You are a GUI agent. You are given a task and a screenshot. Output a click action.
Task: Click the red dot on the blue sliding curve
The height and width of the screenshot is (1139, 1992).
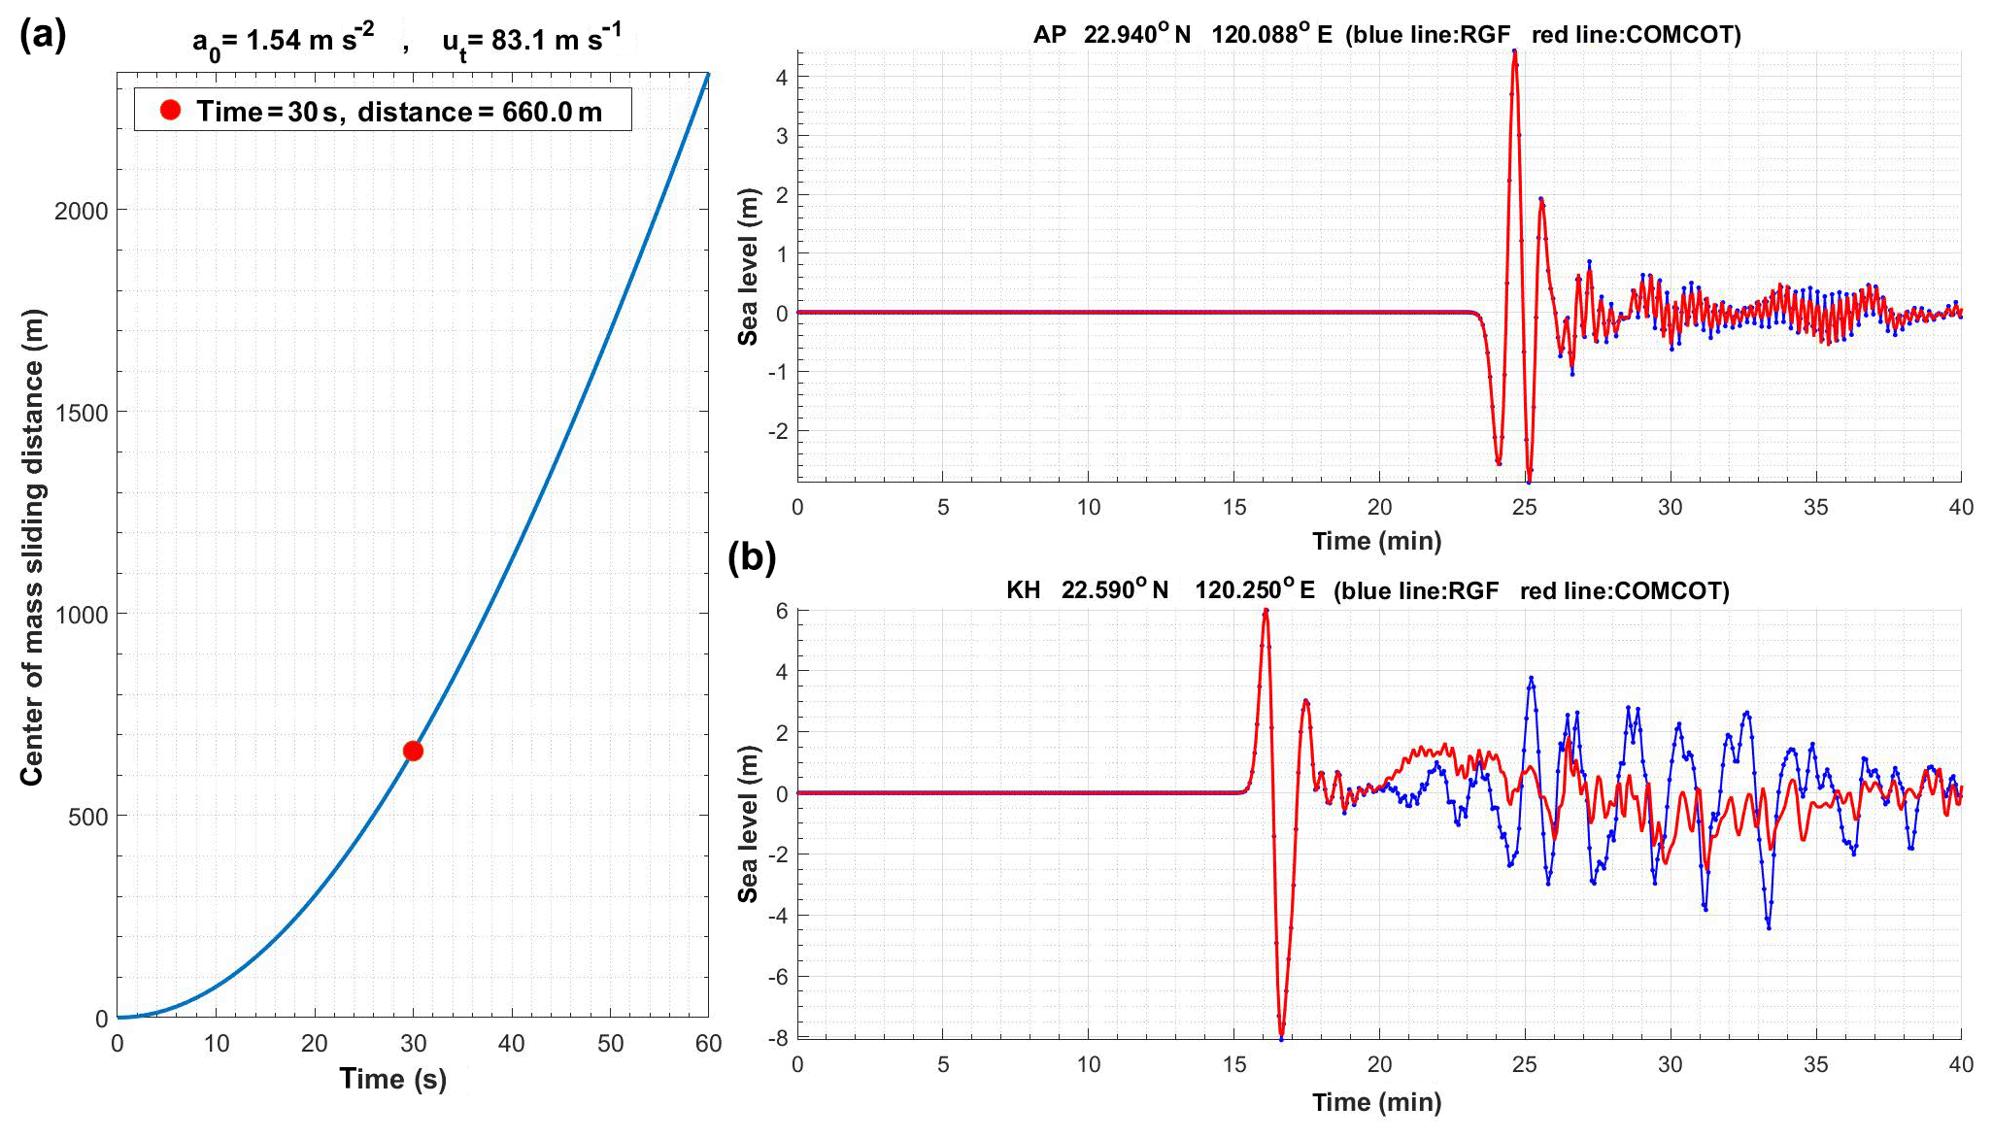pyautogui.click(x=413, y=751)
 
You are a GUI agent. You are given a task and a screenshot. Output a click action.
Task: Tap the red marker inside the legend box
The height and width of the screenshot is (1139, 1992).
pyautogui.click(x=171, y=110)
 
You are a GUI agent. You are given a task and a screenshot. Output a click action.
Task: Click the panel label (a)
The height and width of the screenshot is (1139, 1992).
pyautogui.click(x=43, y=35)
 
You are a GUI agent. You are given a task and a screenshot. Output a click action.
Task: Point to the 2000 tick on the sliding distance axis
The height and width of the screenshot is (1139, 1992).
pyautogui.click(x=82, y=211)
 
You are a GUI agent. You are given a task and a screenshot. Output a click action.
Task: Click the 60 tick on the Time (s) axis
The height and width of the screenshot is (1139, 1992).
pyautogui.click(x=708, y=1044)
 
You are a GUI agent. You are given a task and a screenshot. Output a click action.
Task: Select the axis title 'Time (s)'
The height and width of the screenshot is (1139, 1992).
pyautogui.click(x=392, y=1079)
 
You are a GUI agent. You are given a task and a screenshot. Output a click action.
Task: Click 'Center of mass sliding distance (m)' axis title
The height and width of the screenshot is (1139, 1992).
pyautogui.click(x=32, y=547)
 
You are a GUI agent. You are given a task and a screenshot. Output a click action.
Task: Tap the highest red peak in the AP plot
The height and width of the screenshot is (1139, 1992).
pyautogui.click(x=1514, y=53)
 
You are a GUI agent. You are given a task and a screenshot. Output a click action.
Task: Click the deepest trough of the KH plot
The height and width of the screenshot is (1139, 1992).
pyautogui.click(x=1281, y=1036)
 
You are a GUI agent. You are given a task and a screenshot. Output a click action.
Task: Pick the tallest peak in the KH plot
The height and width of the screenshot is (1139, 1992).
pyautogui.click(x=1266, y=611)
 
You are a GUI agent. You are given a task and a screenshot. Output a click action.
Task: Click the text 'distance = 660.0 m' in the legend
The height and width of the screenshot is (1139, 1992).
pyautogui.click(x=480, y=112)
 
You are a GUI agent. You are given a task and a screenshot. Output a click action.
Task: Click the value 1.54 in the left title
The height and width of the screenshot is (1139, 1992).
pyautogui.click(x=273, y=41)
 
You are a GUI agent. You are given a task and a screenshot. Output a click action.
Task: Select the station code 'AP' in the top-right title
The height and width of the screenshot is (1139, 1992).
pyautogui.click(x=1049, y=35)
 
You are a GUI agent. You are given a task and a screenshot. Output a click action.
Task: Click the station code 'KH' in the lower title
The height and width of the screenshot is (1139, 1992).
pyautogui.click(x=1023, y=590)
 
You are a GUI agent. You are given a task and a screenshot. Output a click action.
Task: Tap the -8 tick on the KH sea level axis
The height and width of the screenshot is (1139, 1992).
pyautogui.click(x=779, y=1038)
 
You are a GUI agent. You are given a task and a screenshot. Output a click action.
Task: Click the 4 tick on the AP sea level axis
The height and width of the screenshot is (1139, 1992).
pyautogui.click(x=782, y=77)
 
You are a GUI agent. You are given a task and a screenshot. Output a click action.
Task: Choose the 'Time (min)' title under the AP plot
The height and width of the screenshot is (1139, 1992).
pyautogui.click(x=1376, y=541)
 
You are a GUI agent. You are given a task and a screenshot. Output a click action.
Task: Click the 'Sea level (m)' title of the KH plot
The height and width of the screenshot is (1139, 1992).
pyautogui.click(x=747, y=823)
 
